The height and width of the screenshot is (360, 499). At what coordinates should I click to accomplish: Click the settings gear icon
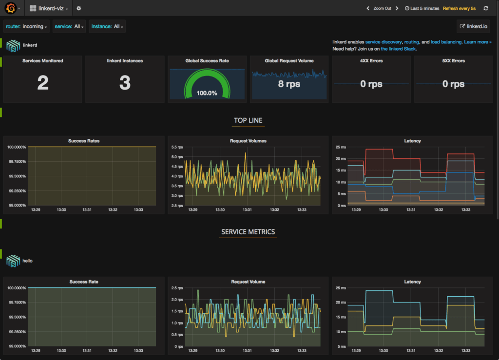coord(79,8)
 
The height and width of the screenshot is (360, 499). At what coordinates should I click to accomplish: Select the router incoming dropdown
coord(27,27)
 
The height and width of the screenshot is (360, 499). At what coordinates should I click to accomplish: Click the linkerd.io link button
coord(474,27)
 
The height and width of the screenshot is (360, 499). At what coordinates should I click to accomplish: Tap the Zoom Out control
coord(382,8)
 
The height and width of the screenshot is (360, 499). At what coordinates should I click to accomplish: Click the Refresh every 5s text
coord(460,8)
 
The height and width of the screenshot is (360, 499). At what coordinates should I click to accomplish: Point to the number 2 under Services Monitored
coord(43,83)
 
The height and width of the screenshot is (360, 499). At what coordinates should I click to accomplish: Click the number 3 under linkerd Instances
coord(125,83)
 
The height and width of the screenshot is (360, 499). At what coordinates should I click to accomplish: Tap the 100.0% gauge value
coord(207,93)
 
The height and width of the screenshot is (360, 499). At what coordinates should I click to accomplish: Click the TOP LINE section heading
coord(248,120)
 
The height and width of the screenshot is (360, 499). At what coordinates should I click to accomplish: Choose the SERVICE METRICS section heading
coord(248,232)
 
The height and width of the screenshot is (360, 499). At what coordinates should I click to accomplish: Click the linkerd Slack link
coord(399,49)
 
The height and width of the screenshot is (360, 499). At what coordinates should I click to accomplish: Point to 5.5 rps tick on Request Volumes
coord(177,147)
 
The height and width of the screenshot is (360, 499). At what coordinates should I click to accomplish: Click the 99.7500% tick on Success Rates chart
coord(17,161)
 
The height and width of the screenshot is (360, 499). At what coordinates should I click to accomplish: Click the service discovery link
coord(384,42)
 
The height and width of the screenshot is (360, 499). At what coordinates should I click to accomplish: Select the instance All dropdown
coord(107,27)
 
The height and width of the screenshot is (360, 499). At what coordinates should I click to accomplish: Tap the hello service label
coord(27,261)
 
